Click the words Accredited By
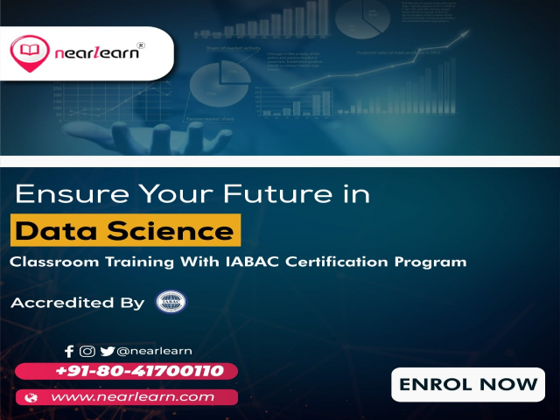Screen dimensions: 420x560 pyautogui.click(x=77, y=304)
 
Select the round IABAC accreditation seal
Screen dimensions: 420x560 pyautogui.click(x=170, y=303)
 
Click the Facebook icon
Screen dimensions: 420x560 pyautogui.click(x=70, y=351)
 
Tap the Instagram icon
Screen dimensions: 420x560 pyautogui.click(x=87, y=351)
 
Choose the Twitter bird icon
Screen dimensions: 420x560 pyautogui.click(x=107, y=351)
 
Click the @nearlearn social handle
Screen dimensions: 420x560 pyautogui.click(x=154, y=351)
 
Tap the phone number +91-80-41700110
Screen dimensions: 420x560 pyautogui.click(x=139, y=371)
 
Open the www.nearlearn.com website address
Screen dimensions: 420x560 pyautogui.click(x=133, y=397)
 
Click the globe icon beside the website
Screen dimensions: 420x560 pyautogui.click(x=32, y=397)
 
